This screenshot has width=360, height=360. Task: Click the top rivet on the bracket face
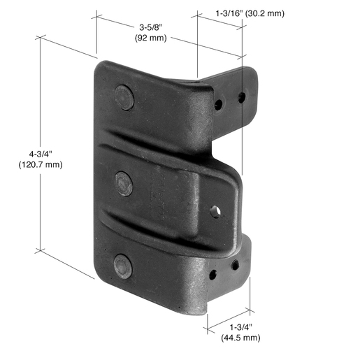click(x=124, y=97)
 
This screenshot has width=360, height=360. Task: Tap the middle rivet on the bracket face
click(x=124, y=184)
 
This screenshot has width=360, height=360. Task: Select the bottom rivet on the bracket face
click(x=123, y=266)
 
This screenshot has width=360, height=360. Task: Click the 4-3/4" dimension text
click(x=41, y=154)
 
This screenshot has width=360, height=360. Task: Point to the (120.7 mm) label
click(x=41, y=164)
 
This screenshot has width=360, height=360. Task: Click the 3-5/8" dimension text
click(x=150, y=27)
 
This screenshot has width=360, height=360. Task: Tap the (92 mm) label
click(x=151, y=38)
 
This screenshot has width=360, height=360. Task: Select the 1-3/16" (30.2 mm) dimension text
click(x=250, y=13)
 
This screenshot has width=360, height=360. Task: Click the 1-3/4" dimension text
click(x=241, y=327)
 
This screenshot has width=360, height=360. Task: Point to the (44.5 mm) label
click(x=240, y=338)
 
